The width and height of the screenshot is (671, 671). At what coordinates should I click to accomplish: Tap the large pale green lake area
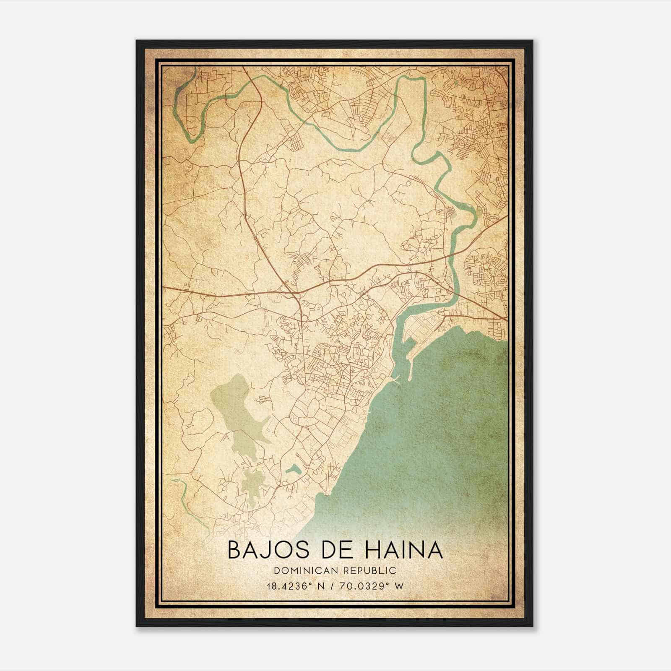point(235,415)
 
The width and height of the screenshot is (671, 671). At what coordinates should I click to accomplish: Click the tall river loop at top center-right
point(413,109)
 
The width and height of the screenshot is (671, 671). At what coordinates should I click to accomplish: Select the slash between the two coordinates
point(335,586)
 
